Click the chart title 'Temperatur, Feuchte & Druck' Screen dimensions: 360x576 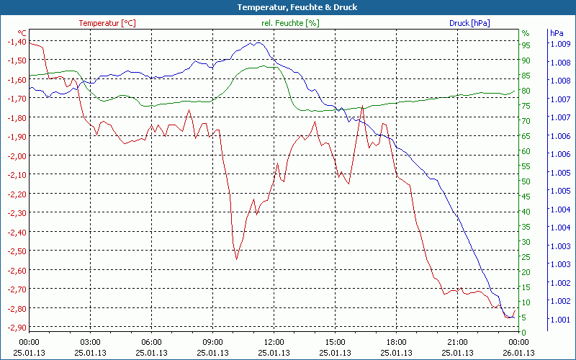pyautogui.click(x=287, y=7)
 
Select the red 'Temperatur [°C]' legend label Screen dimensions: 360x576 pyautogui.click(x=107, y=23)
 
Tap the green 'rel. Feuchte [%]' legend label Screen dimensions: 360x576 pyautogui.click(x=290, y=23)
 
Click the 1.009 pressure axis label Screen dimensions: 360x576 pyautogui.click(x=559, y=44)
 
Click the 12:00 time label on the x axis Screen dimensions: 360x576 pyautogui.click(x=274, y=342)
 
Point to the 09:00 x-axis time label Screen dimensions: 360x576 pyautogui.click(x=213, y=342)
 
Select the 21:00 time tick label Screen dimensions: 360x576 pyautogui.click(x=458, y=342)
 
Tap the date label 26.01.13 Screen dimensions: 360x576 pyautogui.click(x=519, y=353)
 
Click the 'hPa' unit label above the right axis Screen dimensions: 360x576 pyautogui.click(x=556, y=33)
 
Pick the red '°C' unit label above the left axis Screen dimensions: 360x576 pyautogui.click(x=22, y=33)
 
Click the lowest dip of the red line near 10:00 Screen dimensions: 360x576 pyautogui.click(x=236, y=258)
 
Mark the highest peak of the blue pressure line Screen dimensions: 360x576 pyautogui.click(x=256, y=42)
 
